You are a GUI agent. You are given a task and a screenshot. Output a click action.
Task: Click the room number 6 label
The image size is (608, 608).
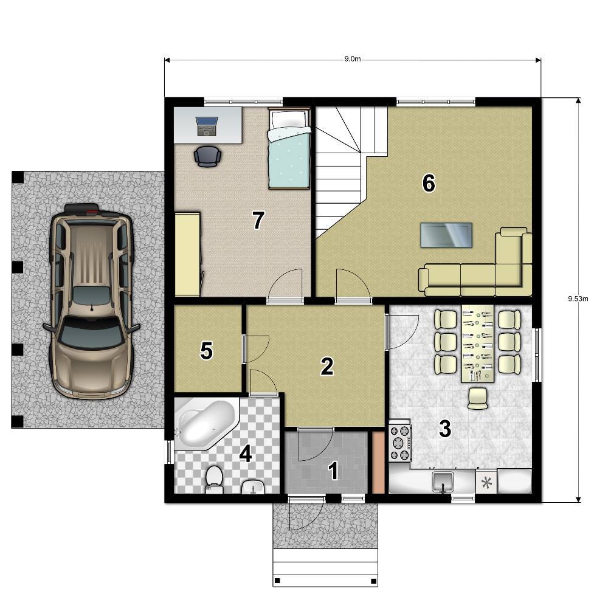tap(429, 183)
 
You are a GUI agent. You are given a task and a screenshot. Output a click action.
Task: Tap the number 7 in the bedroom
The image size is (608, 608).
tap(258, 220)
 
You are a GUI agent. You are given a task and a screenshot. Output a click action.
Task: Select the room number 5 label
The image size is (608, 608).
tap(206, 351)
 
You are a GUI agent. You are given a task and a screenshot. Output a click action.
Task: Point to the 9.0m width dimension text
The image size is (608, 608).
tap(353, 59)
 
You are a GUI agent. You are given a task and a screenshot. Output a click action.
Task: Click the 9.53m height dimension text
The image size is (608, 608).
tap(578, 299)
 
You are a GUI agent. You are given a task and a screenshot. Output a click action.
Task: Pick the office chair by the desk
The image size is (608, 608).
tap(207, 156)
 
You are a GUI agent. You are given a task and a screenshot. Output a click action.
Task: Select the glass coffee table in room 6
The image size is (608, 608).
tap(446, 235)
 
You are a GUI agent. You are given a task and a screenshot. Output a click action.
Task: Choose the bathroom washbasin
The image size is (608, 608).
tap(253, 486)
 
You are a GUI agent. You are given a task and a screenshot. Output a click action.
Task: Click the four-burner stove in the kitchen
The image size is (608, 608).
tap(400, 443)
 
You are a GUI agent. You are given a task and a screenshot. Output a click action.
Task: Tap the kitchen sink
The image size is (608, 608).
tap(443, 481)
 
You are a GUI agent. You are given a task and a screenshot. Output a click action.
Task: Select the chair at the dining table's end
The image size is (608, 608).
tap(478, 398)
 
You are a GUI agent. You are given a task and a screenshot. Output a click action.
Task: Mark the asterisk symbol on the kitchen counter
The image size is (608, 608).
tap(486, 483)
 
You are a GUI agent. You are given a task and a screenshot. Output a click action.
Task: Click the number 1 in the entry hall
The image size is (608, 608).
tap(333, 471)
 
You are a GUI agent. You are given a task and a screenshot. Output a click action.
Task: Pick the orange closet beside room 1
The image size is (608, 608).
tap(378, 463)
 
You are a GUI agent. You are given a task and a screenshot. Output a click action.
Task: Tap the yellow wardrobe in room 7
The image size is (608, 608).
tap(188, 254)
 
